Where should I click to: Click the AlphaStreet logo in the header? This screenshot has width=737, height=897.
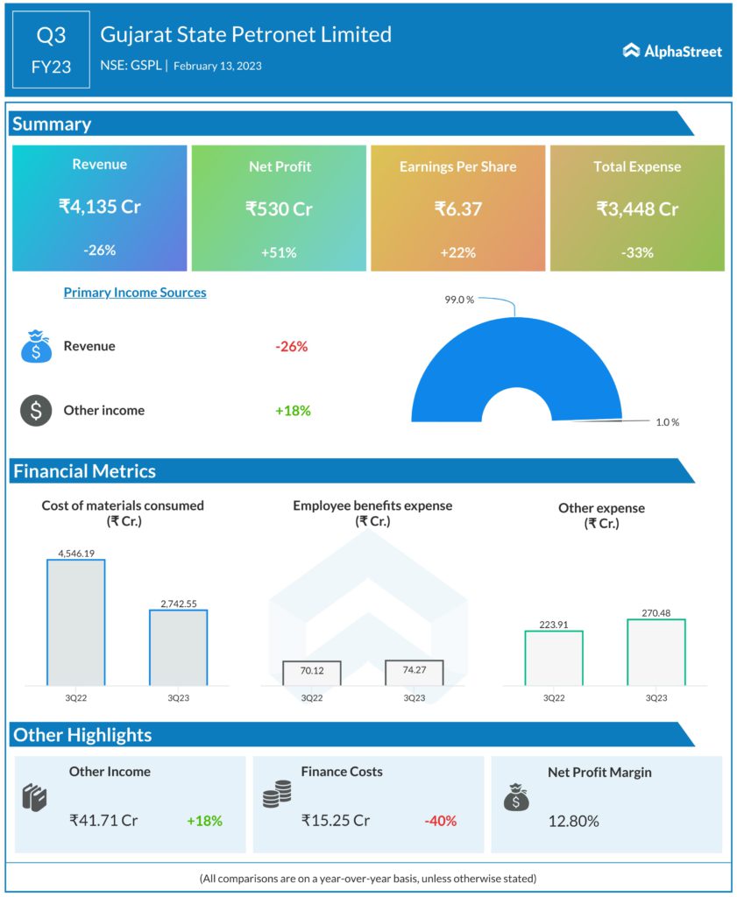(672, 51)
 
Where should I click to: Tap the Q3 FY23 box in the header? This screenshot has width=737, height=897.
(51, 49)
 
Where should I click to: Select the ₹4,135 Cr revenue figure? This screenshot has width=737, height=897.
(99, 207)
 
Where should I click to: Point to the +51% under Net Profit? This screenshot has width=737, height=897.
(279, 252)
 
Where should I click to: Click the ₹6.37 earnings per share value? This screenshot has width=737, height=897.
(457, 208)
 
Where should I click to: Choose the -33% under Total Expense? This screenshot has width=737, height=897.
(637, 252)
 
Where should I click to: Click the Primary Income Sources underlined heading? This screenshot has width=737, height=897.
(135, 293)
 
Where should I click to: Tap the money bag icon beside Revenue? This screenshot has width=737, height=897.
(36, 347)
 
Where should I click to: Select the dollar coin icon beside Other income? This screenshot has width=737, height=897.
(36, 410)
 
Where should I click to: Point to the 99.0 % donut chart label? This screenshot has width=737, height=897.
(458, 300)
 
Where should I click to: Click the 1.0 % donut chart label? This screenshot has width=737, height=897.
(668, 422)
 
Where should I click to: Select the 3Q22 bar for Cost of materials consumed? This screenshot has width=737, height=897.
(75, 622)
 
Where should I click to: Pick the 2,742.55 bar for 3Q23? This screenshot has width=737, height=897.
(178, 647)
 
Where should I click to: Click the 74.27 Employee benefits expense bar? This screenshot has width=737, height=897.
(415, 672)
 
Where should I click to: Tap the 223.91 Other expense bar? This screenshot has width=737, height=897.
(554, 657)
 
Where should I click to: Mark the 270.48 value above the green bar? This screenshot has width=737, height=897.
(656, 612)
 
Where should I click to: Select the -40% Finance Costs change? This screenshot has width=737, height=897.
(440, 821)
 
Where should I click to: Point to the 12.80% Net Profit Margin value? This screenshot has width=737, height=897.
(573, 821)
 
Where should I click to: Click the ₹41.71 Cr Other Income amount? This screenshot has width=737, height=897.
(103, 821)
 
